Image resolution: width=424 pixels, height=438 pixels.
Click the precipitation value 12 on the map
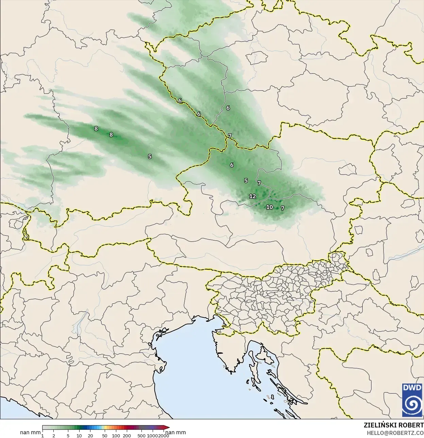pyautogui.click(x=252, y=196)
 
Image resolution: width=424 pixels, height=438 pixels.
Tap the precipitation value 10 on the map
pyautogui.click(x=269, y=207)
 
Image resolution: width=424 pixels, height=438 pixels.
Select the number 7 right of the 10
pyautogui.click(x=283, y=208)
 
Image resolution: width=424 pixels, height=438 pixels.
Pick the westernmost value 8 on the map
pyautogui.click(x=96, y=129)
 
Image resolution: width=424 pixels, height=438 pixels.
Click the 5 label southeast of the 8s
pyautogui.click(x=150, y=157)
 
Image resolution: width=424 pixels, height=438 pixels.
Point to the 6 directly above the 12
pyautogui.click(x=232, y=165)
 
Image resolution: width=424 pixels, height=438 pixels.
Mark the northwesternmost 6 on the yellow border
pyautogui.click(x=180, y=101)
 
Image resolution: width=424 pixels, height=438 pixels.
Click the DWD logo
pyautogui.click(x=412, y=400)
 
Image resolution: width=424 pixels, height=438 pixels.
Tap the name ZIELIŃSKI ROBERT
pyautogui.click(x=393, y=425)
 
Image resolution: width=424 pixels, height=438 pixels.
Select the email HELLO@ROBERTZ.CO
pyautogui.click(x=395, y=433)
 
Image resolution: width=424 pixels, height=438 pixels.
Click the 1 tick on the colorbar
pyautogui.click(x=43, y=435)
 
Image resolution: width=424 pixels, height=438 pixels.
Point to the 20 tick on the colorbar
pyautogui.click(x=90, y=435)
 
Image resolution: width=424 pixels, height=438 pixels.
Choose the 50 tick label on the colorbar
pyautogui.click(x=105, y=435)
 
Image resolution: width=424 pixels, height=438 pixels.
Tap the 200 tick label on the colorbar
pyautogui.click(x=127, y=435)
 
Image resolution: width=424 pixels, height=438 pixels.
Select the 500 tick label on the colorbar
pyautogui.click(x=141, y=435)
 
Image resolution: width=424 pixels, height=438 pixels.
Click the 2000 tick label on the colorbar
pyautogui.click(x=164, y=435)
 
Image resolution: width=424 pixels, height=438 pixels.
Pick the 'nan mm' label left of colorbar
pyautogui.click(x=30, y=433)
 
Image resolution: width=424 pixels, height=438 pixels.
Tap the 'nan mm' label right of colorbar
pyautogui.click(x=175, y=433)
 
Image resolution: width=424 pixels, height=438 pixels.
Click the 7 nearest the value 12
pyautogui.click(x=259, y=183)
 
